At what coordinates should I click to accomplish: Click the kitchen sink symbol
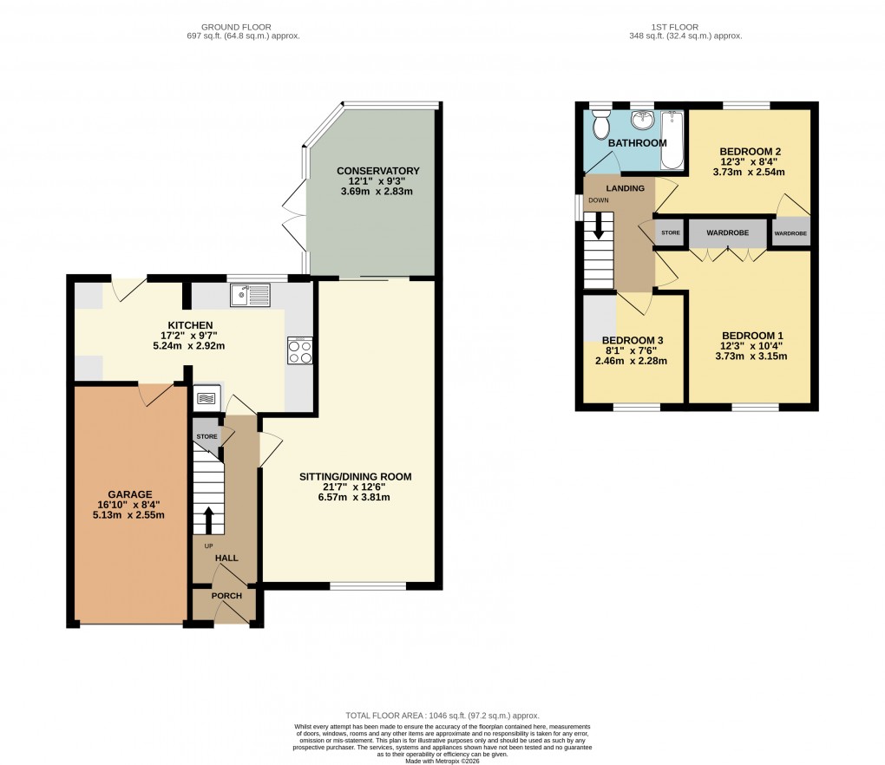pos(250,295)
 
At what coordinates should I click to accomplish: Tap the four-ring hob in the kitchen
pos(300,352)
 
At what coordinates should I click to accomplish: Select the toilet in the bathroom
pos(600,126)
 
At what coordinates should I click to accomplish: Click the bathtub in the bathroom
pos(672,139)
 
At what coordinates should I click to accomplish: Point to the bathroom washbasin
pos(642,120)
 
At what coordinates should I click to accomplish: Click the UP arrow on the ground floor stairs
pos(207,519)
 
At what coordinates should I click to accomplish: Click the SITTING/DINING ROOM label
pos(355,476)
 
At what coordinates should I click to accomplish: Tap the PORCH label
pos(226,596)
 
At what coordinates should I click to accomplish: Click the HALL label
pos(226,559)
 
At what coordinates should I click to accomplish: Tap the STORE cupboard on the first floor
pos(671,233)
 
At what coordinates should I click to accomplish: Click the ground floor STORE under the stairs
pos(206,436)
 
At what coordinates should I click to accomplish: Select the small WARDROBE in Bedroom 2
pos(790,233)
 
